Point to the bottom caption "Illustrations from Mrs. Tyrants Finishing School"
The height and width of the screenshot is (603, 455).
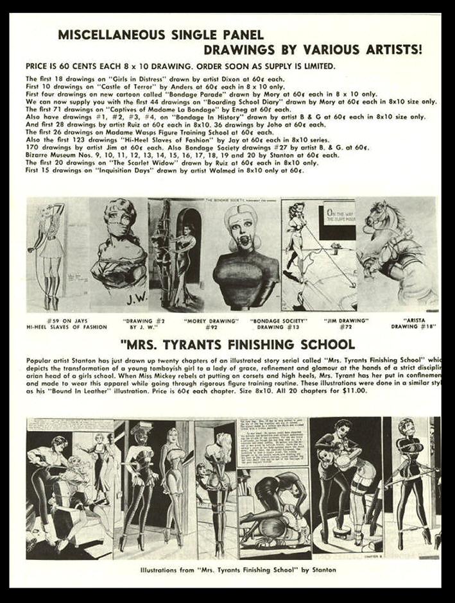237,568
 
